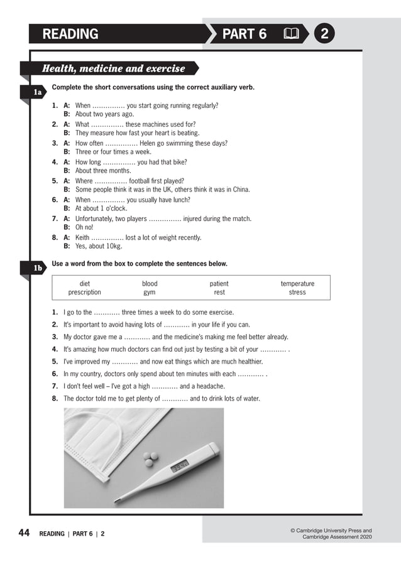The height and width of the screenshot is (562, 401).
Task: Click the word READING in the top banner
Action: (x=70, y=34)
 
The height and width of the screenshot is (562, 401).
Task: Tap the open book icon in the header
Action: (x=292, y=34)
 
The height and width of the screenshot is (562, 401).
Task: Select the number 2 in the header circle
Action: (x=324, y=34)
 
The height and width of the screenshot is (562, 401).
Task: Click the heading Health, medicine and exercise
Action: (x=113, y=68)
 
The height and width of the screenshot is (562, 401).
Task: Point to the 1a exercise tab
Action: (x=37, y=92)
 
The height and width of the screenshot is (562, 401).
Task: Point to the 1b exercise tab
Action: (x=37, y=269)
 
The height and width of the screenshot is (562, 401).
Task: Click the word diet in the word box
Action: (x=84, y=284)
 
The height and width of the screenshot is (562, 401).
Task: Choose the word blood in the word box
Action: (x=150, y=284)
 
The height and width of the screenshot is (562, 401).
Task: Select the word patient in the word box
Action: (x=219, y=284)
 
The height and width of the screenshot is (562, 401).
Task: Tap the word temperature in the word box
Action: (x=297, y=284)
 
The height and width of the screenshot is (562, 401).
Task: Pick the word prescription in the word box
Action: (x=84, y=293)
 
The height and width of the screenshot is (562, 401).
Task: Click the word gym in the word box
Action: (x=150, y=293)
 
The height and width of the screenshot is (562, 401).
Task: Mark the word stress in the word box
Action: (x=297, y=293)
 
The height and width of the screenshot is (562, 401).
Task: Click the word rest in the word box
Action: (x=219, y=293)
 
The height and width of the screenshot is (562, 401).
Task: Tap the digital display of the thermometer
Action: (x=180, y=467)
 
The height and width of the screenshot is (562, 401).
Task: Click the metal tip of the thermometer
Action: (x=117, y=500)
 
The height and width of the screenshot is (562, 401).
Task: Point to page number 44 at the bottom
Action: (x=24, y=533)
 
